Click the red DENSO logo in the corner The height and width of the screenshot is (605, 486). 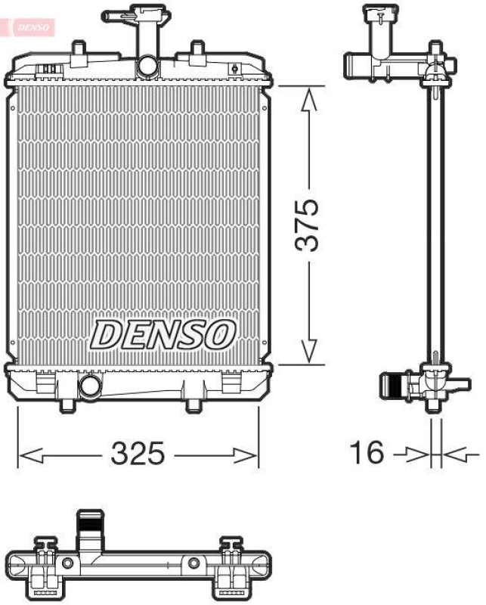(x=29, y=26)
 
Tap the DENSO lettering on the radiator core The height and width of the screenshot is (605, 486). (x=163, y=334)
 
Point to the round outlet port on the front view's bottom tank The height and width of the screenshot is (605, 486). (x=90, y=386)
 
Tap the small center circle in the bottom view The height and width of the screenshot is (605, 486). (x=194, y=563)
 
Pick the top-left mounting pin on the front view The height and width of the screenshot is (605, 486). (x=77, y=49)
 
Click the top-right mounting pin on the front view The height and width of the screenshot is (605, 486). (x=197, y=49)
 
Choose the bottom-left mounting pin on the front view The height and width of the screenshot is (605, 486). (x=68, y=405)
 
